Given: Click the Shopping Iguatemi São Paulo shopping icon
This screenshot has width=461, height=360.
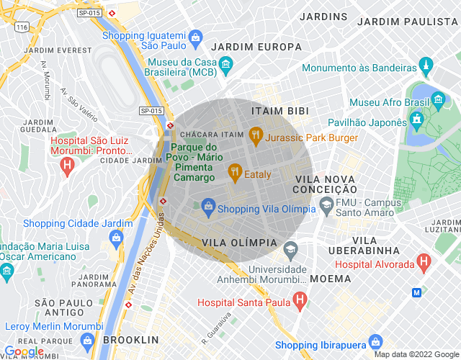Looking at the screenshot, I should [x=195, y=36].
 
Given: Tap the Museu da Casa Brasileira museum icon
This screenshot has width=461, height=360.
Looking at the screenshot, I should [x=225, y=66].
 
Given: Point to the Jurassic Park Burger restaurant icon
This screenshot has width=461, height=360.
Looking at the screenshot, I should [x=255, y=134].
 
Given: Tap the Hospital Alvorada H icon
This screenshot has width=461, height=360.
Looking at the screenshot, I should [x=424, y=261].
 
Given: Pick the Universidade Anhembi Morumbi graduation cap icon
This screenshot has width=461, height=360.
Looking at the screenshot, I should [x=290, y=250].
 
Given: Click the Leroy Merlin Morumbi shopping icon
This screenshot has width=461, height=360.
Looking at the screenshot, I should [x=88, y=341].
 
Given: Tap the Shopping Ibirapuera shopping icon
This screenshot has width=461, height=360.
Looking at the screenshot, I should [x=375, y=341].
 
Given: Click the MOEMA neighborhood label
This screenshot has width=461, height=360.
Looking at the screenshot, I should [x=331, y=278].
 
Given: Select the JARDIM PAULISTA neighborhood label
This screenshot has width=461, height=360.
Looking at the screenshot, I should [x=408, y=22].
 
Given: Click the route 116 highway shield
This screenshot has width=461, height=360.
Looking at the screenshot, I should [x=22, y=27].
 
